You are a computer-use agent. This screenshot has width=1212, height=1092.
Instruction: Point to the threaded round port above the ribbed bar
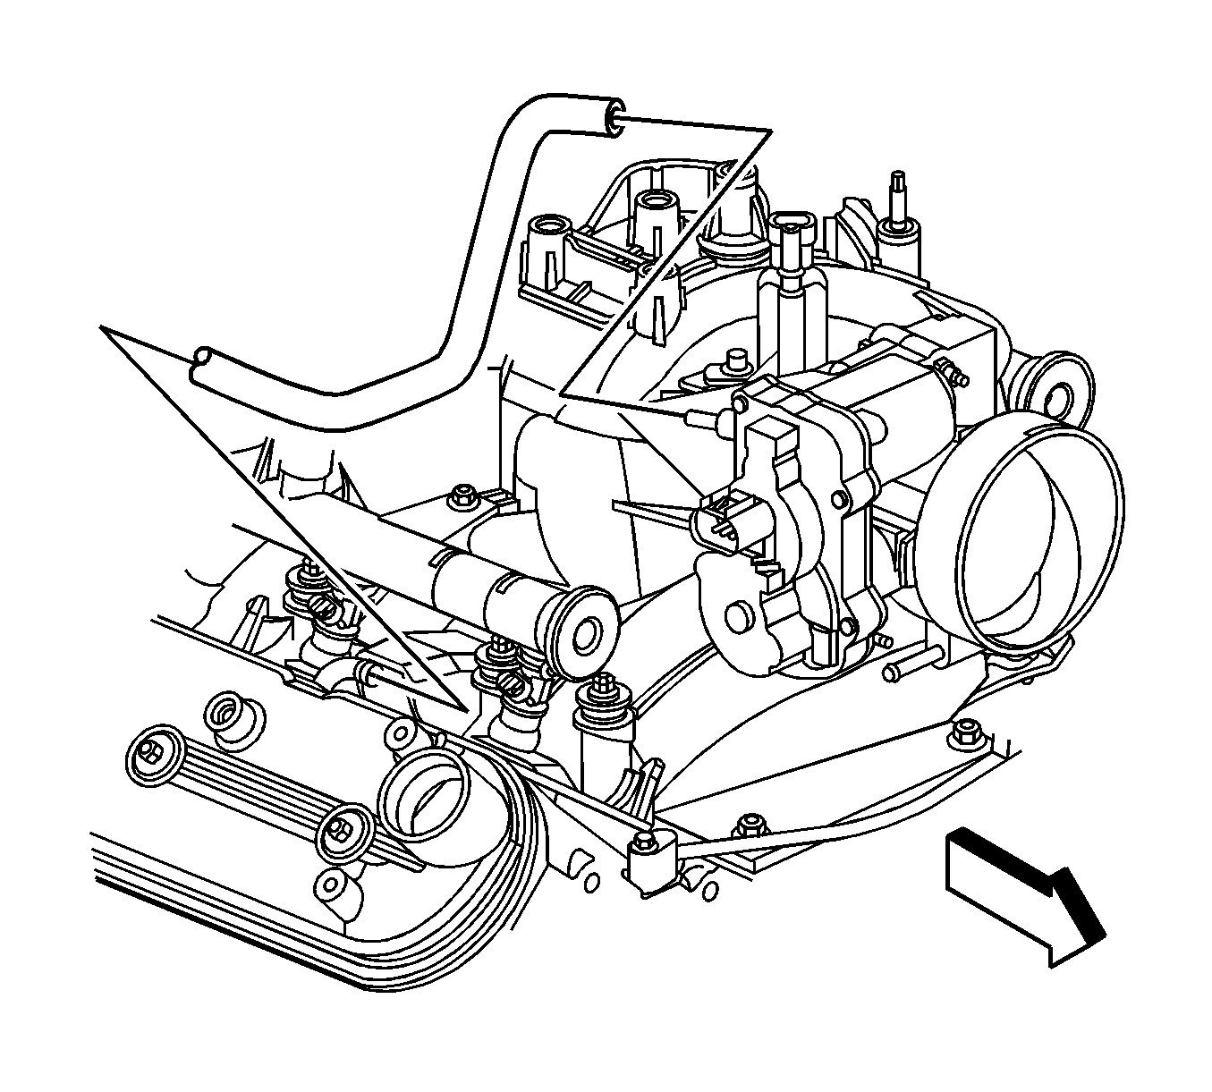229,715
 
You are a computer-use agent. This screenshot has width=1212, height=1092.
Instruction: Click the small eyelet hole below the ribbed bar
334,884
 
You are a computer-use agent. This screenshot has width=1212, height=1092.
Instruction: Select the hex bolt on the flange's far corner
962,729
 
